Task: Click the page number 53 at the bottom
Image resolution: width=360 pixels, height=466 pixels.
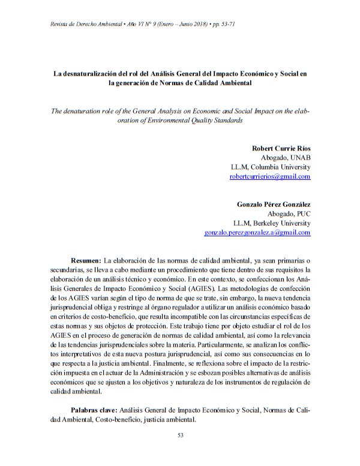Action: [x=180, y=435]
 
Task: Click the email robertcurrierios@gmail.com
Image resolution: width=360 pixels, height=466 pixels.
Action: [x=270, y=177]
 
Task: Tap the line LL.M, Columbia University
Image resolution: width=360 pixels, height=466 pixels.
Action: [x=271, y=167]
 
